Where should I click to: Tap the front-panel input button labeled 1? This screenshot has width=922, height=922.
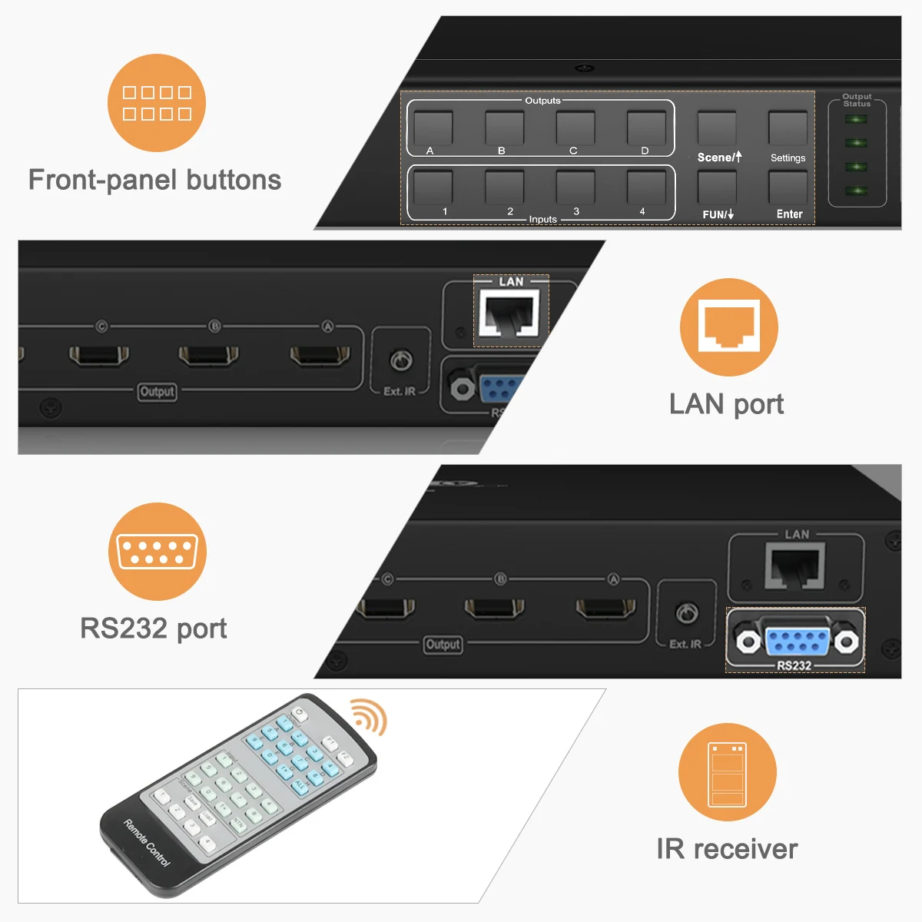click(433, 187)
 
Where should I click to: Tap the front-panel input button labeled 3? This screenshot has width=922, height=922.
click(575, 187)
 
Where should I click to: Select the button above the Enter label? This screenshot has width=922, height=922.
click(788, 187)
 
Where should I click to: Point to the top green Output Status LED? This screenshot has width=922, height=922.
click(856, 120)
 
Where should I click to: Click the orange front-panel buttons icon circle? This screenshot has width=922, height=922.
click(157, 103)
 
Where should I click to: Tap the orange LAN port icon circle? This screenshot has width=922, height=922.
click(728, 327)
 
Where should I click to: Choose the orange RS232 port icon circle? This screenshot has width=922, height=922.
click(157, 552)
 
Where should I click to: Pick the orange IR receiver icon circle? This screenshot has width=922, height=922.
click(727, 771)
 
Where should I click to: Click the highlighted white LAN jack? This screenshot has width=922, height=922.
click(507, 313)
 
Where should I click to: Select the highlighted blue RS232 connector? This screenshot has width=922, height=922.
click(796, 641)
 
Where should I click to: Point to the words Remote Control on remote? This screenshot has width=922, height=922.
click(147, 843)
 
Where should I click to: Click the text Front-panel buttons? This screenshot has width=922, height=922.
click(155, 180)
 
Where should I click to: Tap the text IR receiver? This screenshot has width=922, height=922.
click(727, 849)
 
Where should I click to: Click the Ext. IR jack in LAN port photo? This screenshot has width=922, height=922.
click(401, 360)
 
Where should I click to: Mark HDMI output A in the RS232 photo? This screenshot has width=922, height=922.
click(606, 609)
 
